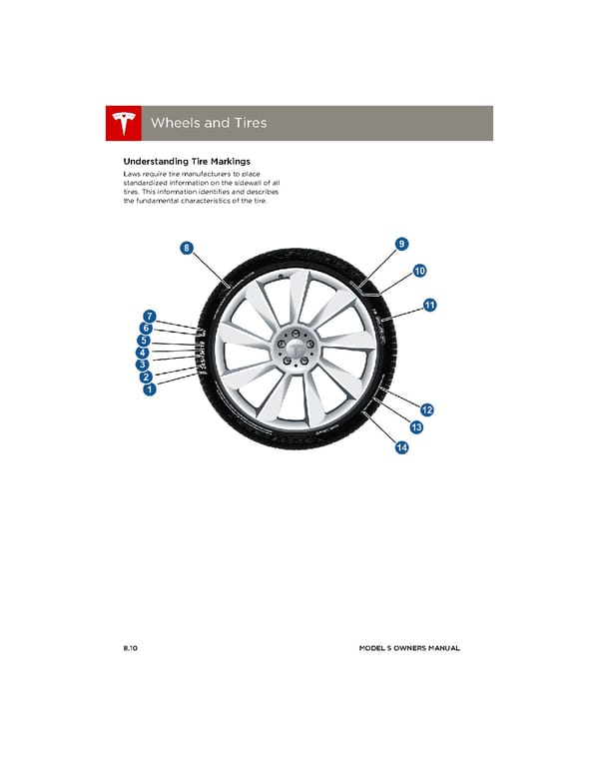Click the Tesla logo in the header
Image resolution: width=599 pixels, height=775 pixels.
[125, 123]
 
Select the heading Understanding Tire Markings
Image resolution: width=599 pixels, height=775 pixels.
[186, 161]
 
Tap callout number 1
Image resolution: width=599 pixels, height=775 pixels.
[149, 391]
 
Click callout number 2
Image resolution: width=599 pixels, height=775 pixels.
[146, 378]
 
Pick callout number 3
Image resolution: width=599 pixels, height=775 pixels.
[143, 365]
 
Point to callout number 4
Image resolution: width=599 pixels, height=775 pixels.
[143, 353]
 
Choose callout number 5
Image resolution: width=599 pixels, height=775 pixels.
[143, 340]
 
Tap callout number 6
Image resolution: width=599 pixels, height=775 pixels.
[146, 328]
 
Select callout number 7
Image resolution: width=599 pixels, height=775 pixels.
[148, 317]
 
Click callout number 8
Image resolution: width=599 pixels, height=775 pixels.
[187, 247]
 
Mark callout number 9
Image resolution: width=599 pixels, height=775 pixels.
[400, 244]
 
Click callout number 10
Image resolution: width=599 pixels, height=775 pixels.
[419, 271]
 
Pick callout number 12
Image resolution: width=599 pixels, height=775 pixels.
[426, 409]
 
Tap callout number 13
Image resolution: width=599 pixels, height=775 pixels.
[416, 428]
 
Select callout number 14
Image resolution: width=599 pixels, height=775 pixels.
[400, 447]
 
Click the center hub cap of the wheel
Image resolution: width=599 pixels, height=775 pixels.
[297, 350]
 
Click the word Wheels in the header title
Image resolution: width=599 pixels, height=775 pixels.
[174, 123]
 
